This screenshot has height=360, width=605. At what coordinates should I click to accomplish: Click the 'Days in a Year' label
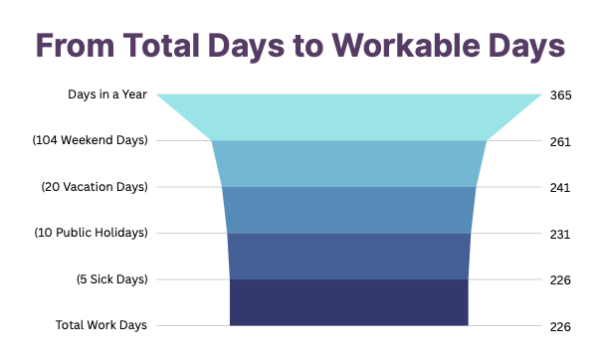pos(107,94)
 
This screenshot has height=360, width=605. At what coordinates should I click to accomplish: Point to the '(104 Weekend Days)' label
pos(91,140)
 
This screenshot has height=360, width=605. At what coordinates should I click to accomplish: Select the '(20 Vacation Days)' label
pos(95,187)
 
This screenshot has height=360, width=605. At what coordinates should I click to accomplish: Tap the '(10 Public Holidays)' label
pos(91,233)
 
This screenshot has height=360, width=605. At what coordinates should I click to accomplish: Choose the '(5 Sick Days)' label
pos(112,279)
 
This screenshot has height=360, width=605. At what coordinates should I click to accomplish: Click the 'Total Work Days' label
pos(102,325)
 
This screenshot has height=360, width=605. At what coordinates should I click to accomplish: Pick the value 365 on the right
pos(560,95)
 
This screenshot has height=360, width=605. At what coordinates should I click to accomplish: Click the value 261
pos(560,141)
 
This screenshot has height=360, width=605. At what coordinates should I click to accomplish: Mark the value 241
pos(560,188)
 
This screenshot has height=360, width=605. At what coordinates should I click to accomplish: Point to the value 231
pos(560,234)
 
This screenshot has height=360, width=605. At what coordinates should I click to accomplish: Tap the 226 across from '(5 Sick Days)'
pos(560,279)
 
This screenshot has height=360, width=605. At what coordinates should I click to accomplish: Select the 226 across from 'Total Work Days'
pos(560,326)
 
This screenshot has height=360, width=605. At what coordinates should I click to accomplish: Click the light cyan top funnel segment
pos(348,116)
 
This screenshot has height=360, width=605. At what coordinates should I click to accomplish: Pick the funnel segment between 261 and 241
pos(348,163)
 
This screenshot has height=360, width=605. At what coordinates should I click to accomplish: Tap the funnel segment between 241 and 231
pos(348,210)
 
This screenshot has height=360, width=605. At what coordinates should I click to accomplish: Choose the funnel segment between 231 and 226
pos(348,256)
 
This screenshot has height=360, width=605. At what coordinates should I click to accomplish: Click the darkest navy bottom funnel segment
pos(348,302)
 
